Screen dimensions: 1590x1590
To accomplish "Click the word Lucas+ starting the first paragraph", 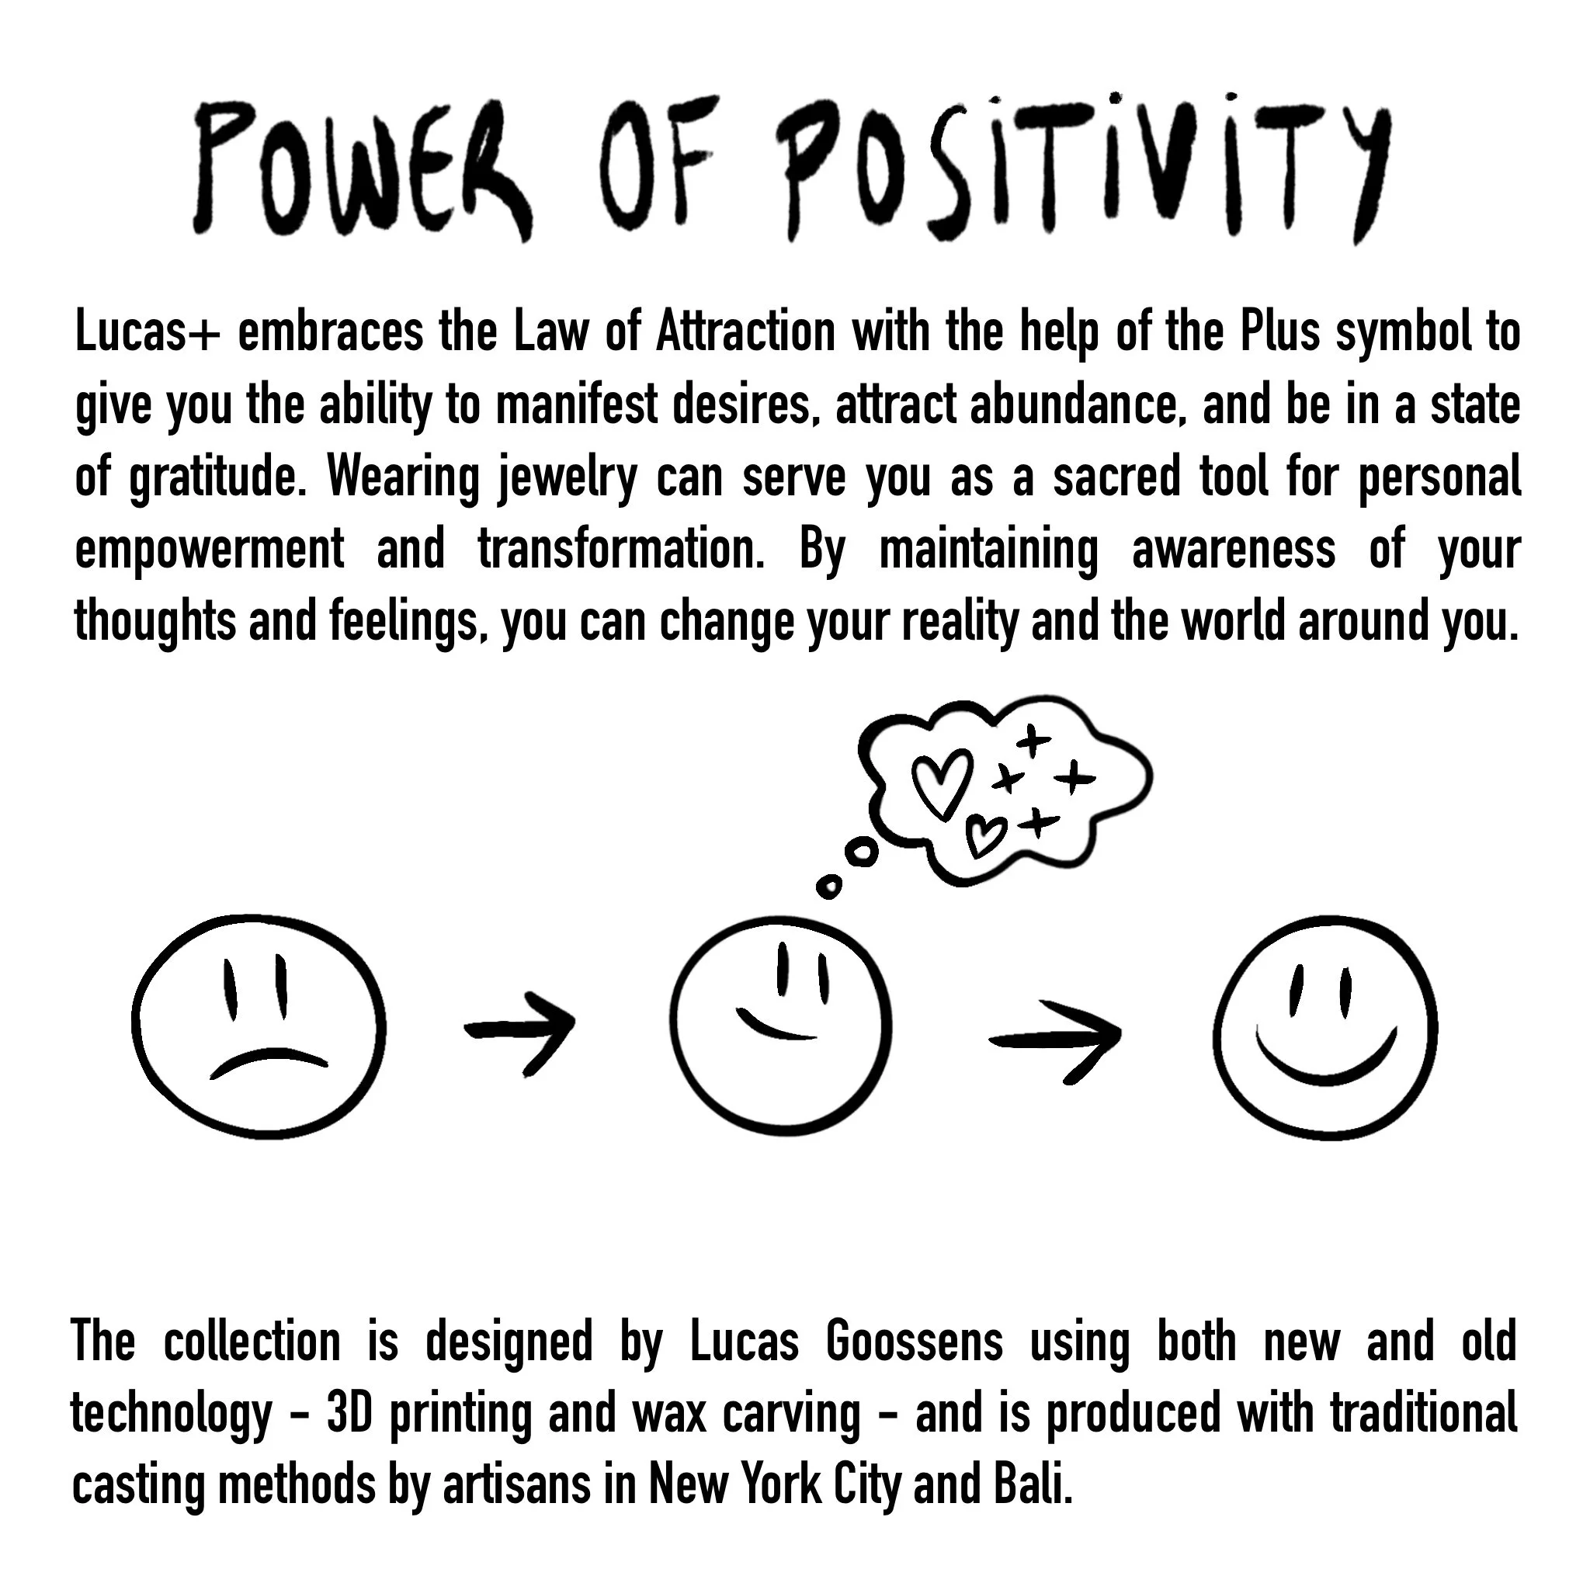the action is coord(148,332).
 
